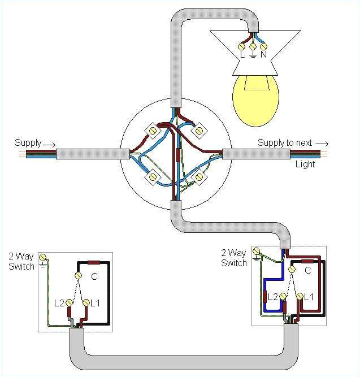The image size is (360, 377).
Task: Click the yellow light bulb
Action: (254, 100)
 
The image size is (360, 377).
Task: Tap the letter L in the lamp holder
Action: (242, 55)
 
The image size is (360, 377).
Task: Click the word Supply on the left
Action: (28, 142)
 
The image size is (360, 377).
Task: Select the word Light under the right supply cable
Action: (305, 164)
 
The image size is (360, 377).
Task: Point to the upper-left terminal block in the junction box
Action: (152, 131)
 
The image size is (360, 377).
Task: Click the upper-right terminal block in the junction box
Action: (198, 131)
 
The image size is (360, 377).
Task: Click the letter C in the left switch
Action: (94, 277)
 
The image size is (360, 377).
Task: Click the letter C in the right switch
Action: (307, 271)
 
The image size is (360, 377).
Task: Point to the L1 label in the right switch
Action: (309, 296)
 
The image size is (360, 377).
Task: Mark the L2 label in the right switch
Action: (273, 296)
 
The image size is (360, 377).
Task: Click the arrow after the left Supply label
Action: (50, 143)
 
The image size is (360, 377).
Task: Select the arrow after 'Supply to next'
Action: (322, 143)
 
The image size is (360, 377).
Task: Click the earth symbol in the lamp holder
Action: (253, 55)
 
